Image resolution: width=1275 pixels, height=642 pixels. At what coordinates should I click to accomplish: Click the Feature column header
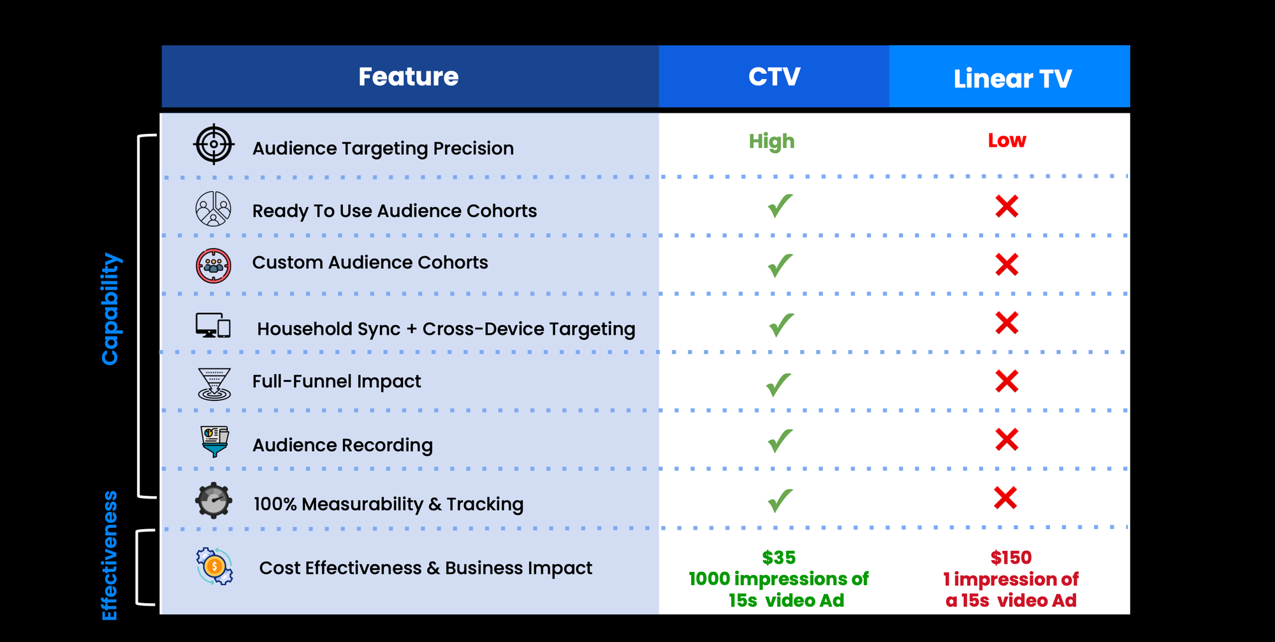(409, 77)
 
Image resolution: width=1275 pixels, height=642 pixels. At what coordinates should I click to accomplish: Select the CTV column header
(774, 77)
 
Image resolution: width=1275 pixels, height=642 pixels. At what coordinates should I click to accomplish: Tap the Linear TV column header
(1012, 79)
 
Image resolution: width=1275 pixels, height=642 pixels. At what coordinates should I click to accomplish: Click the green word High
(771, 141)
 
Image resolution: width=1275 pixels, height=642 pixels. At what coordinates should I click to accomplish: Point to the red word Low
(1007, 140)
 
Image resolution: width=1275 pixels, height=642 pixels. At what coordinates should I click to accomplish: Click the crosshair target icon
(214, 144)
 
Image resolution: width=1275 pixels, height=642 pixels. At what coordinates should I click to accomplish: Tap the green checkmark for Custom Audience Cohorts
(780, 265)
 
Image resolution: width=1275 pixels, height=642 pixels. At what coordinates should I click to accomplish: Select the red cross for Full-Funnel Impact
(1007, 381)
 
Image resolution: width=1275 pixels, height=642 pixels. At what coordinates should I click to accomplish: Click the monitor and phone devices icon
(213, 325)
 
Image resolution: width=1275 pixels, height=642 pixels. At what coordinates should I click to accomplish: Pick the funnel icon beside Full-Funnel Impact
(214, 384)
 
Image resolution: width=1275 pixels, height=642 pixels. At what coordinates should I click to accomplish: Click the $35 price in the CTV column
(778, 558)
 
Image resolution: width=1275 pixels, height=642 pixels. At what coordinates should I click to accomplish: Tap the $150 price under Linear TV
(1010, 558)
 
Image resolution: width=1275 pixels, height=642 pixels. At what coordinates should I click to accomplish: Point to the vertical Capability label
(110, 309)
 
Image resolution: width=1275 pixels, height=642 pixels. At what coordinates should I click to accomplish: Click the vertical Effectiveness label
(110, 555)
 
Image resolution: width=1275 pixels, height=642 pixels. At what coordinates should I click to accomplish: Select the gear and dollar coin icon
(214, 566)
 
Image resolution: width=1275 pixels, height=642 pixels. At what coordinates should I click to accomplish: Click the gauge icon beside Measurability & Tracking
(214, 500)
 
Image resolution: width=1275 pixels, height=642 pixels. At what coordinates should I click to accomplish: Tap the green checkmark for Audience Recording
(780, 441)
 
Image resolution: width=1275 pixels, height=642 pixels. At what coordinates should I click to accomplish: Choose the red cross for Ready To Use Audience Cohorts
(1007, 207)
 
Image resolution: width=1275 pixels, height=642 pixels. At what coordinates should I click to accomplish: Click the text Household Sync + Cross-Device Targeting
(446, 329)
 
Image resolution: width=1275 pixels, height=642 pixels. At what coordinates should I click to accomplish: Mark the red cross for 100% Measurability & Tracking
(1005, 498)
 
